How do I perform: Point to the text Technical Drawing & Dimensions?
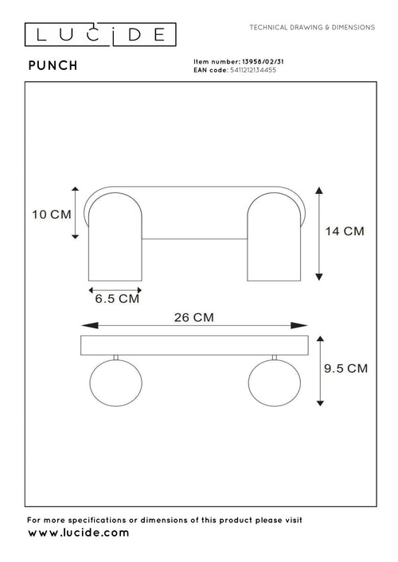(312, 27)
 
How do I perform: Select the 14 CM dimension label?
(345, 231)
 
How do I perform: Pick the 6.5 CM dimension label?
(117, 300)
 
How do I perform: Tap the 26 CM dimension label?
(193, 316)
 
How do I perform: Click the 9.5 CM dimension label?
(346, 368)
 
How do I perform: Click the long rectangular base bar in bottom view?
(193, 346)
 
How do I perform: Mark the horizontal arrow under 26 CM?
(193, 326)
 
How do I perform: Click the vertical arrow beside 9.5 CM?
(321, 370)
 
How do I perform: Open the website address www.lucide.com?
(78, 533)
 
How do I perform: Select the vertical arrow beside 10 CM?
(75, 212)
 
